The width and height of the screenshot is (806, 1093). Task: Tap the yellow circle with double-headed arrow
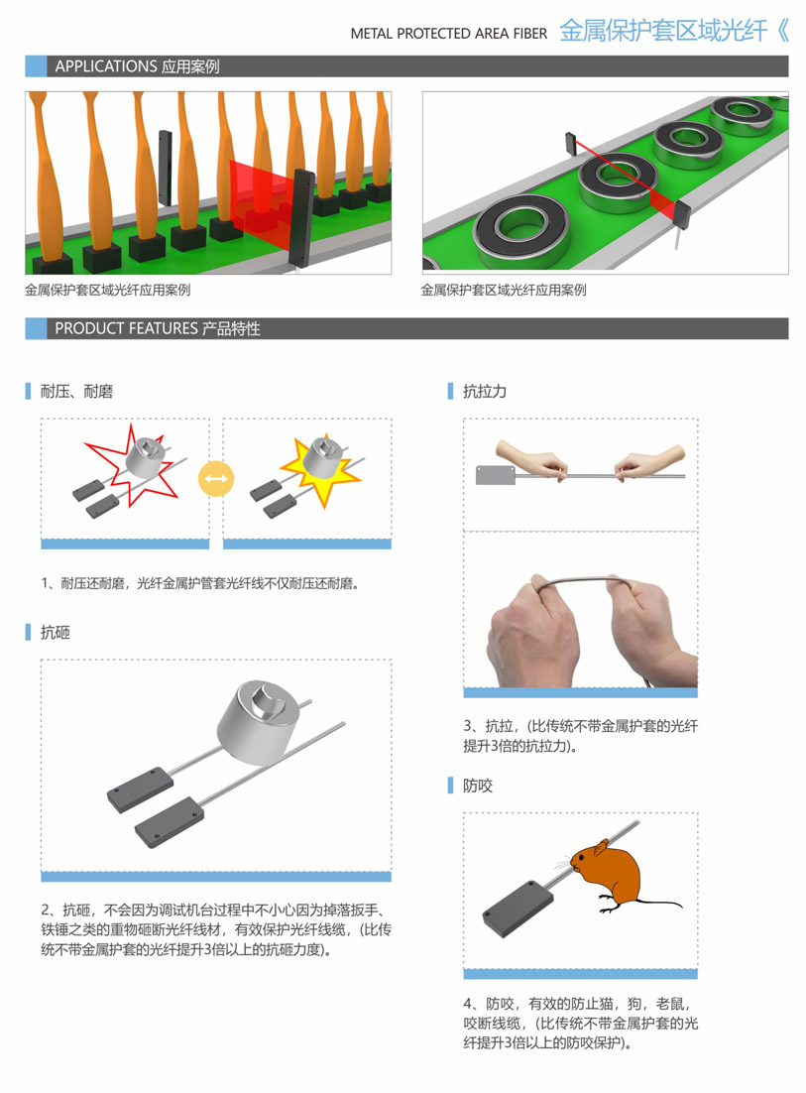(216, 480)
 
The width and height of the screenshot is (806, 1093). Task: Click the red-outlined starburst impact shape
(133, 465)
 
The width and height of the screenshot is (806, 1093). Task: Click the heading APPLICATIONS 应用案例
(137, 66)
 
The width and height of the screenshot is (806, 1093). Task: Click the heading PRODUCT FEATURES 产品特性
(158, 328)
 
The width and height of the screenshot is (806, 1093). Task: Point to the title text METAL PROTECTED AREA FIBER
(449, 34)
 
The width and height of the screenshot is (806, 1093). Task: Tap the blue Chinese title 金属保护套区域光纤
(663, 31)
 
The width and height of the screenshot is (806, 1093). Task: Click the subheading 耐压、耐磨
(76, 391)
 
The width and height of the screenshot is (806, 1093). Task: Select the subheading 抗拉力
(485, 391)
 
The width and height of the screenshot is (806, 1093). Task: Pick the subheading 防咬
(478, 786)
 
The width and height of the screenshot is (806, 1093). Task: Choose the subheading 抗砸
(56, 632)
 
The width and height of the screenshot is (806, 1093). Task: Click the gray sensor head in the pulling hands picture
(496, 475)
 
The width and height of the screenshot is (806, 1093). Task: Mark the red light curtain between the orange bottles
(264, 195)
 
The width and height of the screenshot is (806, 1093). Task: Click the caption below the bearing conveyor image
(504, 290)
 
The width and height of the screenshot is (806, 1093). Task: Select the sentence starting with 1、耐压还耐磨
(200, 583)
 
